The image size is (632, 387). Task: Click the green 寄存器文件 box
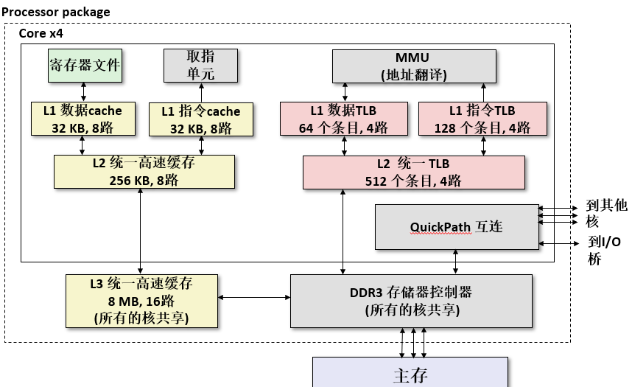tap(84, 66)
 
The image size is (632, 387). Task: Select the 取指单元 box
tap(200, 66)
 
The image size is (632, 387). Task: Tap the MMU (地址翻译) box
tap(413, 66)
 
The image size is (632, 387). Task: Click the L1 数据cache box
tap(82, 119)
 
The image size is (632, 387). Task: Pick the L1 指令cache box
tap(200, 119)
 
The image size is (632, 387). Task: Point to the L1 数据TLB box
tap(344, 119)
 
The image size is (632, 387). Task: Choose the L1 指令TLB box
tap(483, 119)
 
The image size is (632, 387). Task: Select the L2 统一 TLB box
tap(413, 172)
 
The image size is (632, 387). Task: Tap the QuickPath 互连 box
tap(457, 227)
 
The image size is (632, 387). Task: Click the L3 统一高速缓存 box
tap(141, 300)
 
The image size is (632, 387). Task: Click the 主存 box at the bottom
tap(410, 374)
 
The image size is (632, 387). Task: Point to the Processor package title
tap(56, 12)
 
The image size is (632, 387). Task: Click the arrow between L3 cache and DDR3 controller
tap(254, 298)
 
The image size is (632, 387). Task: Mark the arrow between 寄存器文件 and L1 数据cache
tap(84, 91)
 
